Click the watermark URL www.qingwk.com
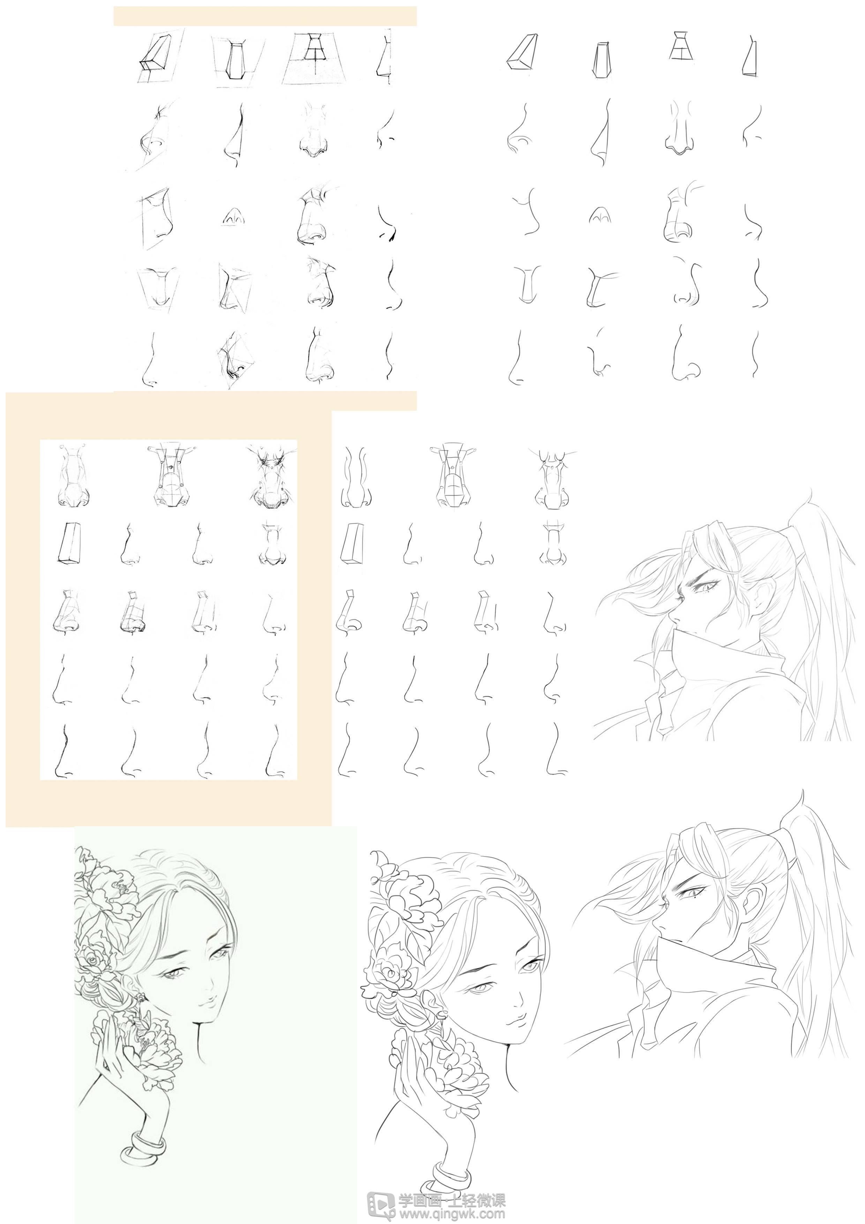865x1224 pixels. click(x=452, y=1212)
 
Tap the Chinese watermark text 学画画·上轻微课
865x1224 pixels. click(x=452, y=1197)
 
